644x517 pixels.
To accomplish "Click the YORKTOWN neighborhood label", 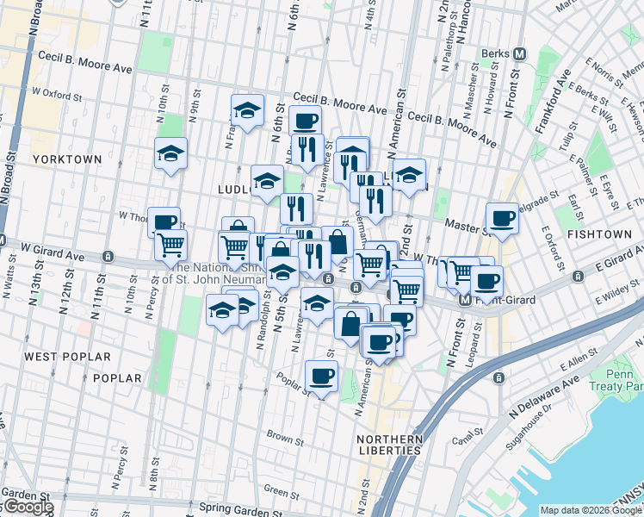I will pos(67,159).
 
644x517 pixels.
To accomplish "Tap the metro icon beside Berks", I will pos(519,53).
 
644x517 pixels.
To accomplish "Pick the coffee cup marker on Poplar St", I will pos(321,376).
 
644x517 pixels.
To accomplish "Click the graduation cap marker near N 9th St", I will pos(170,153).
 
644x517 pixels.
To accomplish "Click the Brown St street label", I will pos(282,436).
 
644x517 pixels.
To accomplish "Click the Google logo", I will pos(28,507).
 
